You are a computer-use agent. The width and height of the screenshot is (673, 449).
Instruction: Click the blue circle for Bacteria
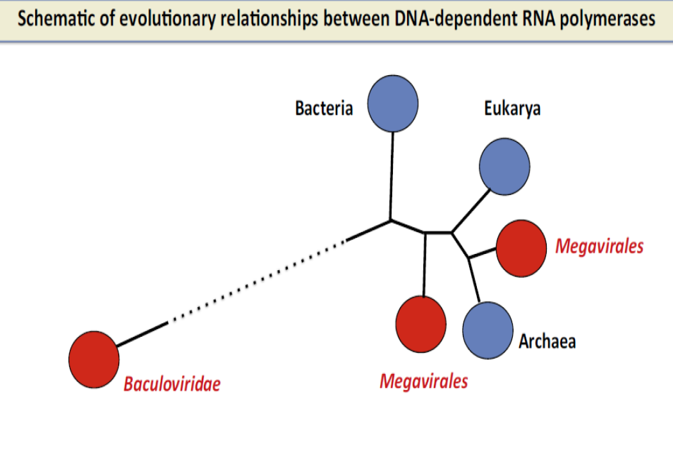tap(393, 103)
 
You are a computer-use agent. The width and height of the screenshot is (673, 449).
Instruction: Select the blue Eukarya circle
tap(504, 167)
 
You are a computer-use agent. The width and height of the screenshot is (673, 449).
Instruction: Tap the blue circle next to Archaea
tap(488, 330)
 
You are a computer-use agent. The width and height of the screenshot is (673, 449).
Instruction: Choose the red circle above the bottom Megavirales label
tap(421, 323)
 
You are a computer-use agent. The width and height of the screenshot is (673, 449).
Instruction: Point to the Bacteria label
tap(324, 108)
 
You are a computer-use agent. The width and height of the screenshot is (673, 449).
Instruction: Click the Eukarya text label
tap(512, 108)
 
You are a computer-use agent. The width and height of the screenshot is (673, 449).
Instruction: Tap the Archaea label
tap(547, 341)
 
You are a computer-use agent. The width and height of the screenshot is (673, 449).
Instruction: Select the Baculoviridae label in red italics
tap(172, 385)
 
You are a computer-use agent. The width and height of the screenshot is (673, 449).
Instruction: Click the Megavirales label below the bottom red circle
tap(424, 381)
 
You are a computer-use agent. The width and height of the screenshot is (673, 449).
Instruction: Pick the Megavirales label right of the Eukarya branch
tap(599, 246)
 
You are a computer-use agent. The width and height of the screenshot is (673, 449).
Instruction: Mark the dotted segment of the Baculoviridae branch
tap(256, 282)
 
